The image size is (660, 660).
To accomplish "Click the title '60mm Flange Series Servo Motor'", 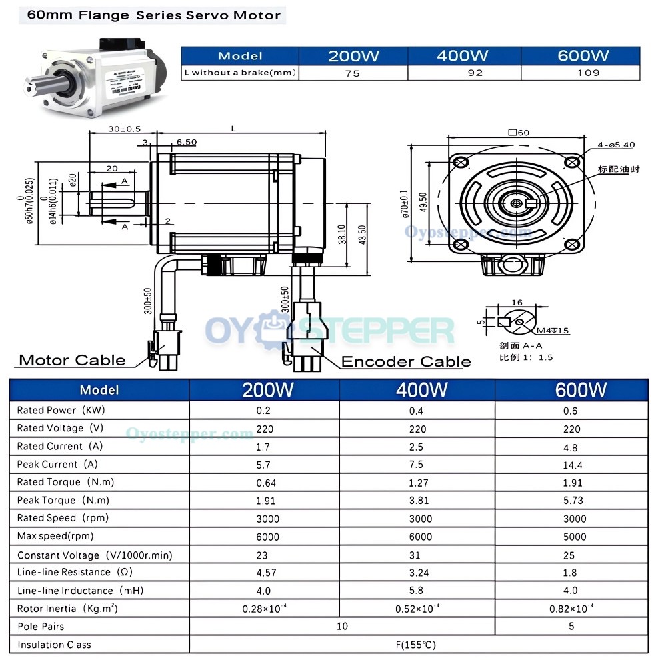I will coord(153,15).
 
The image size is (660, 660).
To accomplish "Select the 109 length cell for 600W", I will coord(587,73).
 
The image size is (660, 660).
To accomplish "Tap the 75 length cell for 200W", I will coord(353,73).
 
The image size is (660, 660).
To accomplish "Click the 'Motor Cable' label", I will coord(72,361).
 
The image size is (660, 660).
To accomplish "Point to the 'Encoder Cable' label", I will coord(406,362).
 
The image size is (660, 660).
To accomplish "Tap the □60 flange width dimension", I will coord(518,132).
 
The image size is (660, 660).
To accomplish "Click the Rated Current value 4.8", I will coord(571,447).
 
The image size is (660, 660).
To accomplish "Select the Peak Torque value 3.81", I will coord(418,501).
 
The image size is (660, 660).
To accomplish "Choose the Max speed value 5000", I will coord(571,537).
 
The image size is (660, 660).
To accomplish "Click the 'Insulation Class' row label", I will coord(54,645).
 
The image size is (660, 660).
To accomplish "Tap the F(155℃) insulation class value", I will coord(418,645).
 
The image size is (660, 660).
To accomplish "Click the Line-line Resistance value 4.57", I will coord(265,573).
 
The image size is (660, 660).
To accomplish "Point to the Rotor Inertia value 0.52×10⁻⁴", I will coord(418,609).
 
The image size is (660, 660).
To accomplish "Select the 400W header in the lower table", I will coord(418,390).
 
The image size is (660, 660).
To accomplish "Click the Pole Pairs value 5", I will coord(571,627).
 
